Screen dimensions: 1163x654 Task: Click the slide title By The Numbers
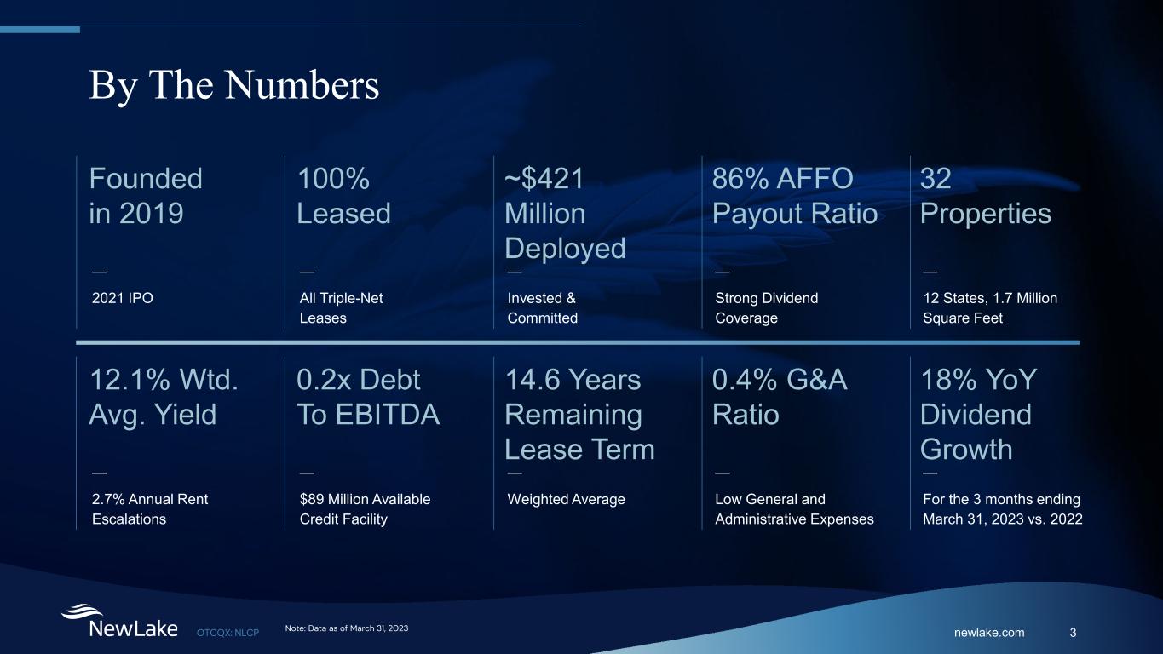pos(234,86)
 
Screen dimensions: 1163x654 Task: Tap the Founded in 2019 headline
pos(146,196)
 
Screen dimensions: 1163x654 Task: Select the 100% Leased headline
pos(343,196)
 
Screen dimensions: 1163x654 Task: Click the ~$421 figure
pos(544,179)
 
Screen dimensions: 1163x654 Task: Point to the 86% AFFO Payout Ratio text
pos(795,196)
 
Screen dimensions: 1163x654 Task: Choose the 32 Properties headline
pos(986,196)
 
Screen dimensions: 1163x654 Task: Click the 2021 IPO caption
pos(123,298)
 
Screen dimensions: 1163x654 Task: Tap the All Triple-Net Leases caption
pos(341,307)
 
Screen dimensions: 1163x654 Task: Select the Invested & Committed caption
pos(542,307)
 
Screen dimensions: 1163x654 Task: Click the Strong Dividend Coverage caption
pos(766,307)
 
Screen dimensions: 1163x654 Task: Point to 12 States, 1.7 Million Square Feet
pos(990,307)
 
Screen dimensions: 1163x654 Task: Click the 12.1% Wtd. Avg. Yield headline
pos(164,397)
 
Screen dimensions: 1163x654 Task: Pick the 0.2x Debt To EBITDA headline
pos(368,397)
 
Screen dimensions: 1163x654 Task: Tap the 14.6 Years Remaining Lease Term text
pos(579,414)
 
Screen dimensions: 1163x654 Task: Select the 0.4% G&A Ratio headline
pos(780,397)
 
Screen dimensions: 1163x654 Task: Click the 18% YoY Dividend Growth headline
pos(979,414)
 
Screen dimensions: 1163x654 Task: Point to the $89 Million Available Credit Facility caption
pos(365,509)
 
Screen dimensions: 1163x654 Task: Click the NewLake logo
pos(119,621)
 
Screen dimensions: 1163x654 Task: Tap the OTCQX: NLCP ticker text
pos(228,633)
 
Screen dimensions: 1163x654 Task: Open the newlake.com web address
pos(989,633)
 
